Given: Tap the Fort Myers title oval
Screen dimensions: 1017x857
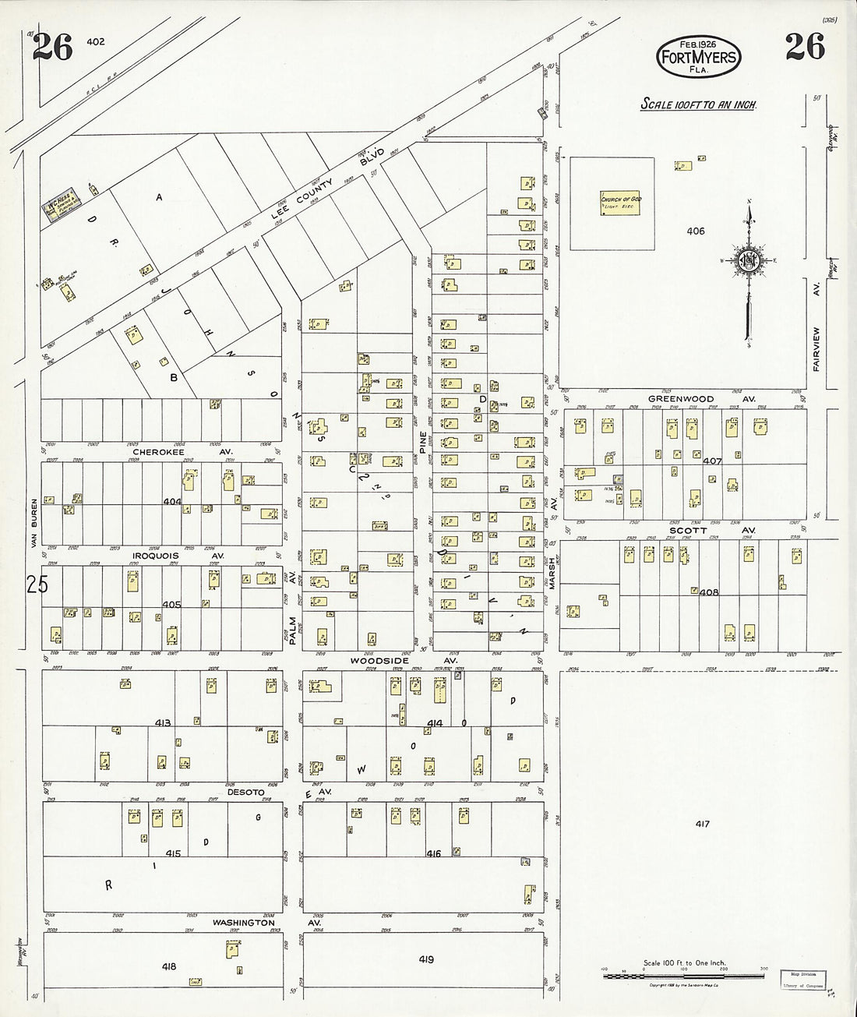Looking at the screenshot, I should [x=697, y=57].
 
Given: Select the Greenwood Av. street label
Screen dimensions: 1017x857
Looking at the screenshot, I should [x=692, y=399].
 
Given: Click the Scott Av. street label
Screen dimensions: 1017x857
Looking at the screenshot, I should [x=698, y=530].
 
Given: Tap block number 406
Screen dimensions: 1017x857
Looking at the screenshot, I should [x=695, y=231].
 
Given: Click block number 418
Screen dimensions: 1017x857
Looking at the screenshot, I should [x=168, y=966].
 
